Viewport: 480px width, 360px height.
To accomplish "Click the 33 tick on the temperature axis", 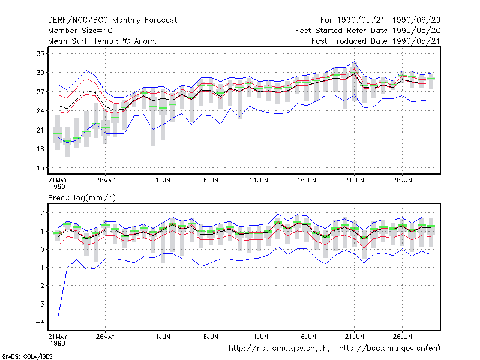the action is coord(40,54).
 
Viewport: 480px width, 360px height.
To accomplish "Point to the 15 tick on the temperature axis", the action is coord(40,168).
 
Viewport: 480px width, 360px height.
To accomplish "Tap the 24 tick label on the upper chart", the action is coord(40,111).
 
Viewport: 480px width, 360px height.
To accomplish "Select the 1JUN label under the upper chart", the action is coord(163,180).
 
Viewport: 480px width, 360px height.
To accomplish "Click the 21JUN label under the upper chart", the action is coord(355,180).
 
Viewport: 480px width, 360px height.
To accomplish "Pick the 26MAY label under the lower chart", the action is coord(106,337).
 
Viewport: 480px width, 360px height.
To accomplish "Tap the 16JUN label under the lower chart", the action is coord(307,337).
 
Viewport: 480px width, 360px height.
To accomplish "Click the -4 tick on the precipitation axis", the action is coord(40,322).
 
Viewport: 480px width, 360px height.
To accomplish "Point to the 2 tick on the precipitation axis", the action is coord(42,213).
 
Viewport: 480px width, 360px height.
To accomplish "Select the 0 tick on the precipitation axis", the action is coord(42,249).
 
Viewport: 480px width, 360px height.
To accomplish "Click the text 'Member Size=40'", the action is coord(80,31).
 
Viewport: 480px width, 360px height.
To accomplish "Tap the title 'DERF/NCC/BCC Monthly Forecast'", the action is coord(112,20).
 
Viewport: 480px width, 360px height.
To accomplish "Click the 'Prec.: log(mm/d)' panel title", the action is coord(82,198).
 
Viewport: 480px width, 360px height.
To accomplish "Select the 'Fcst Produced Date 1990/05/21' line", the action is coord(376,41).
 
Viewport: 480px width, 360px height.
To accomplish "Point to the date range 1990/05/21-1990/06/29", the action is coord(389,20).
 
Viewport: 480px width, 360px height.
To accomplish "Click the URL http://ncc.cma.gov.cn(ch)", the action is coord(279,349).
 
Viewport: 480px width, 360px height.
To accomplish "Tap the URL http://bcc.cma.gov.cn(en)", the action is coord(389,349).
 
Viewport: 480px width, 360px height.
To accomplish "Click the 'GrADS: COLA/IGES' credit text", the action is coord(27,356).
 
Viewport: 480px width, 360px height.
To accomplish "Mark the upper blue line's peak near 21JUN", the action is coord(355,62).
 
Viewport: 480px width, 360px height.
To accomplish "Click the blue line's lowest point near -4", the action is coord(58,316).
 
